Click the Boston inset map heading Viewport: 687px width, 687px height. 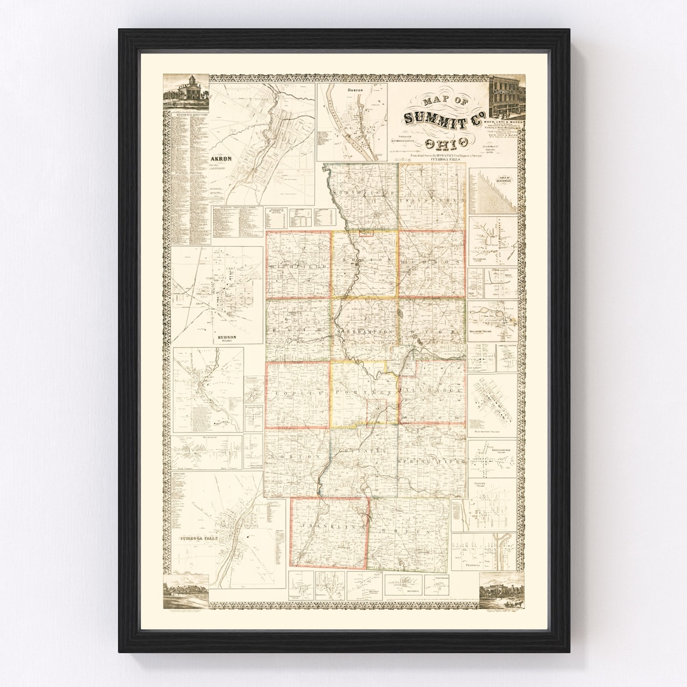point(354,90)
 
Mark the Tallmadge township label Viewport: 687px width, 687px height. point(433,386)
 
